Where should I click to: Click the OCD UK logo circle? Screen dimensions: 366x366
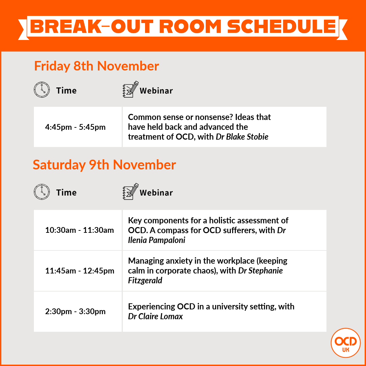pyautogui.click(x=345, y=343)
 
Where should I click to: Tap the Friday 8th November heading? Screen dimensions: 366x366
pyautogui.click(x=97, y=66)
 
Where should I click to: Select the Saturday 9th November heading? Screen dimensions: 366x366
pyautogui.click(x=104, y=165)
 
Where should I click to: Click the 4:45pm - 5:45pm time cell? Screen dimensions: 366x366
pyautogui.click(x=75, y=127)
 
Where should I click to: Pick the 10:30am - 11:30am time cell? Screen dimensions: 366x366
pyautogui.click(x=80, y=230)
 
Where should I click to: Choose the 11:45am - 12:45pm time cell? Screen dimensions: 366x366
pyautogui.click(x=80, y=271)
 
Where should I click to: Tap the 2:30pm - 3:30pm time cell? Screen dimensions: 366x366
pyautogui.click(x=75, y=311)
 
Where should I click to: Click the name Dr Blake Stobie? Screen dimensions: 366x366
pyautogui.click(x=242, y=137)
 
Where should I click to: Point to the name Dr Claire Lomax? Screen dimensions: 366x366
pyautogui.click(x=156, y=317)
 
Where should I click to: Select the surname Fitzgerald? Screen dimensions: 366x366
pyautogui.click(x=145, y=281)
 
